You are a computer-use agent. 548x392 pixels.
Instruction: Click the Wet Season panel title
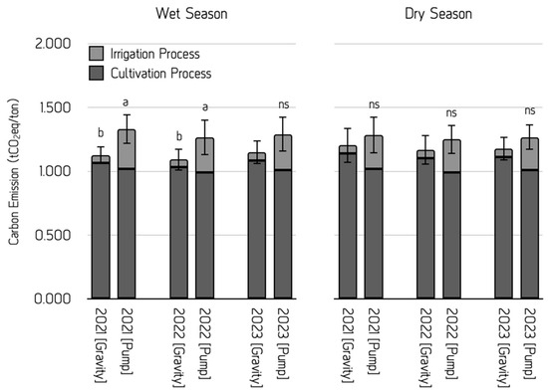tap(191, 14)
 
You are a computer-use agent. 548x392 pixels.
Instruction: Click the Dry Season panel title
tap(438, 14)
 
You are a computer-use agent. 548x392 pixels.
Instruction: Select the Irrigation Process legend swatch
tap(96, 54)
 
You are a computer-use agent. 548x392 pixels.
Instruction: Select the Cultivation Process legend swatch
tap(96, 73)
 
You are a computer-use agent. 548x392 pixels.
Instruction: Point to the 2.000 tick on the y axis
tap(53, 44)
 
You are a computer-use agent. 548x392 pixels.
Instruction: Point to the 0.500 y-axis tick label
tap(53, 235)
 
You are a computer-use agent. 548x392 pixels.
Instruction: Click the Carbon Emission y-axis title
tap(14, 172)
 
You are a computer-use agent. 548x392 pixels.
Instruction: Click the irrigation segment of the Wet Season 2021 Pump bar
tap(127, 149)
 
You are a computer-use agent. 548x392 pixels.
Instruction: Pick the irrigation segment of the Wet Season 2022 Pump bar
tap(205, 155)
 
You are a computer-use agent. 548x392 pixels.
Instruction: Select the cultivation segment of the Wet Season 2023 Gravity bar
tap(257, 230)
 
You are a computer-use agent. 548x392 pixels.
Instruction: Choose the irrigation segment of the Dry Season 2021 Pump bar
tap(374, 152)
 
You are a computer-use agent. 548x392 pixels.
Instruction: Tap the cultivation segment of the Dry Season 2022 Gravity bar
tap(425, 228)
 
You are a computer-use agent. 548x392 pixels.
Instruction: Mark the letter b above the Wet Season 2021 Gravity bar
tap(101, 132)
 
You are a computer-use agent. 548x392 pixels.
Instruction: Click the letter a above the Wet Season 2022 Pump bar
tap(205, 106)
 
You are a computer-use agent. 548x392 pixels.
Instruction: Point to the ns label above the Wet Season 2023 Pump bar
tap(284, 104)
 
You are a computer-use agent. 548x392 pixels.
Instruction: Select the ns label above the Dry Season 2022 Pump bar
tap(451, 112)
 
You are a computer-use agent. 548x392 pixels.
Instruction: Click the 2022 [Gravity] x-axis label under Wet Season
tap(179, 347)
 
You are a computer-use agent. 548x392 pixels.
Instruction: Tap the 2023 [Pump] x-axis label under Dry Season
tap(530, 342)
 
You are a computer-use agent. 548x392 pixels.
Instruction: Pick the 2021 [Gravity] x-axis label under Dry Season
tap(348, 345)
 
